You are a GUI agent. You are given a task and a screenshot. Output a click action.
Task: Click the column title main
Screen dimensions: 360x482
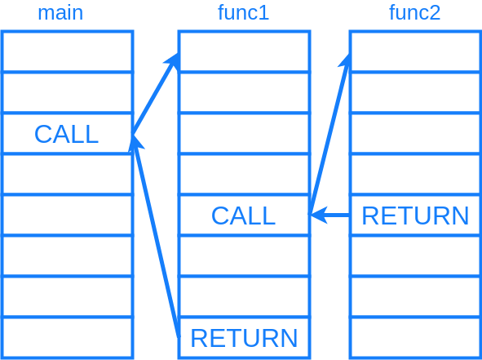point(60,13)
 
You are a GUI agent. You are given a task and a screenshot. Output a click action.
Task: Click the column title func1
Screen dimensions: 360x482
point(243,13)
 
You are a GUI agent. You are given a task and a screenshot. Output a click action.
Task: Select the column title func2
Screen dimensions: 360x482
point(414,13)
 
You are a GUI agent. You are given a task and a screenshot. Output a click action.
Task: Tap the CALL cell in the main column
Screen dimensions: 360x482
point(67,134)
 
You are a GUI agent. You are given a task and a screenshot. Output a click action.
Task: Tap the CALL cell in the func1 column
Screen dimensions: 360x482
point(244,216)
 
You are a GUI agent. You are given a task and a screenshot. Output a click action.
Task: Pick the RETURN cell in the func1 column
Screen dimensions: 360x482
point(244,338)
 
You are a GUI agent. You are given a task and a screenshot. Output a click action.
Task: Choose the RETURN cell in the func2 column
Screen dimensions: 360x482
point(415,216)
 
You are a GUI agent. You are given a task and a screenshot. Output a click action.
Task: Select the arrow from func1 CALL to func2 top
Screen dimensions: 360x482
point(329,135)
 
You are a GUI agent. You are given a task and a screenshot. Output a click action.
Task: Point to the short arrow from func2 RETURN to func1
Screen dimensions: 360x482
point(330,216)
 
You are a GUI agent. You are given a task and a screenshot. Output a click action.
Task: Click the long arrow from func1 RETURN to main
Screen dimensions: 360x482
point(155,237)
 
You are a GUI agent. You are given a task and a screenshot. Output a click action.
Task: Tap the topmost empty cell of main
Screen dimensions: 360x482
point(67,52)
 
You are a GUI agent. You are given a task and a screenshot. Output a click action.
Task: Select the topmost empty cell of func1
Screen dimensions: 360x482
point(244,52)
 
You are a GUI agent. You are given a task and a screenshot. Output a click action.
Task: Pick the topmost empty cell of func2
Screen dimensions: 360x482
point(415,52)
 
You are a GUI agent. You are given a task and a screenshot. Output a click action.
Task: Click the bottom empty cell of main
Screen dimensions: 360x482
point(67,338)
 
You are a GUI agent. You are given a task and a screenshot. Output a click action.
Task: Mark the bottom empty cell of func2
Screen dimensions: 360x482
point(415,338)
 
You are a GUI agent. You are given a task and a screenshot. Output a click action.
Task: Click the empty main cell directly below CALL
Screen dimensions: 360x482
point(67,175)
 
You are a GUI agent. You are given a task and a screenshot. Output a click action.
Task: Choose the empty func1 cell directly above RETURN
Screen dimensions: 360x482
point(244,297)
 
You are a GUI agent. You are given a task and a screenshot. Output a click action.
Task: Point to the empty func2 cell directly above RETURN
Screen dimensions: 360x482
point(415,175)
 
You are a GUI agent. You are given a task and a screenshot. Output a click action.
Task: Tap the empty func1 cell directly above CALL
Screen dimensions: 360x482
point(244,175)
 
